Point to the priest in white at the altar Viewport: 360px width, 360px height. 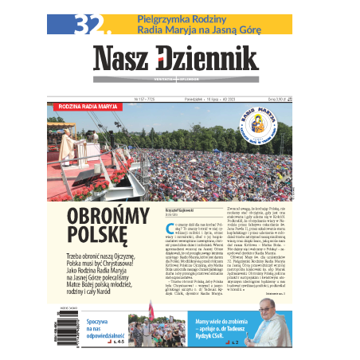[69, 144]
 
